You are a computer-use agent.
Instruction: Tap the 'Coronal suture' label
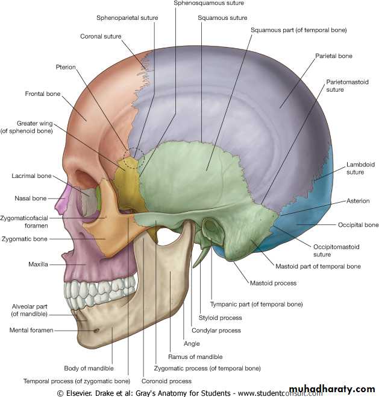pos(101,36)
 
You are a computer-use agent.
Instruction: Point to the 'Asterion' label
pos(358,201)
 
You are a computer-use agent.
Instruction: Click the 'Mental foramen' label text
pos(31,330)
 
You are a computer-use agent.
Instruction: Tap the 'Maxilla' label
pos(38,264)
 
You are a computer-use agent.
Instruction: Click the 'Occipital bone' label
pos(358,225)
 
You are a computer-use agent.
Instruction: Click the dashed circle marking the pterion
pos(133,156)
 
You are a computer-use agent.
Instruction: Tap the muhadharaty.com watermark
pos(332,388)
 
